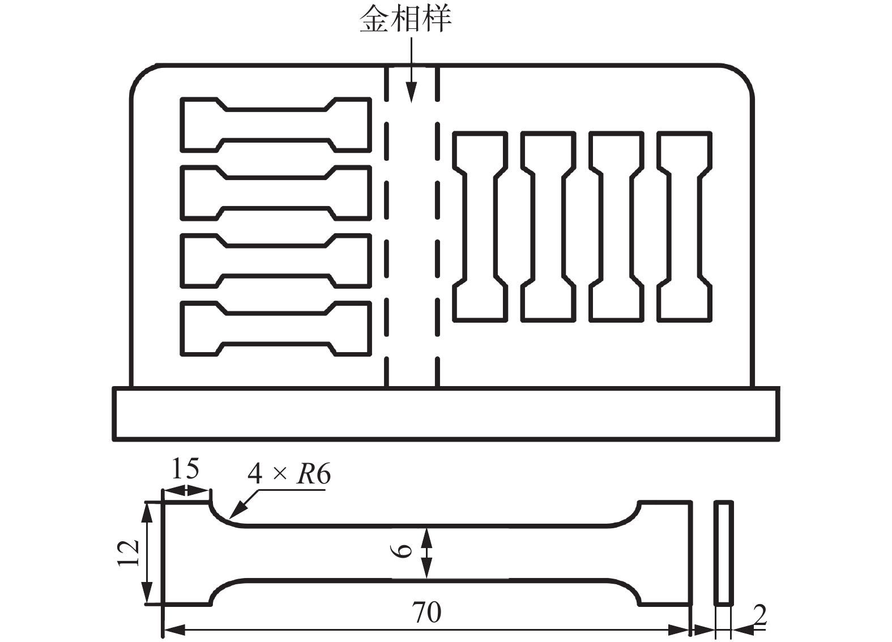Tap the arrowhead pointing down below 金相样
point(412,93)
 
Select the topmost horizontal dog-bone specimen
point(276,125)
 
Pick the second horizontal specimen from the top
point(276,192)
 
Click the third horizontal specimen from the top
point(276,260)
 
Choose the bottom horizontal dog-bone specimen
point(276,328)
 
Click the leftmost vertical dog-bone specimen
point(480,226)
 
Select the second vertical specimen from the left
point(548,226)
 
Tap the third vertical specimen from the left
point(616,226)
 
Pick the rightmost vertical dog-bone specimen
point(684,226)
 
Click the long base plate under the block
point(446,413)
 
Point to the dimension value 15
point(185,469)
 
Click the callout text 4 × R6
point(289,473)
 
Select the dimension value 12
point(129,553)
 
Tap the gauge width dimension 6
point(403,551)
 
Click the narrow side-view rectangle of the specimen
point(723,553)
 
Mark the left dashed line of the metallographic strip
point(387,226)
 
